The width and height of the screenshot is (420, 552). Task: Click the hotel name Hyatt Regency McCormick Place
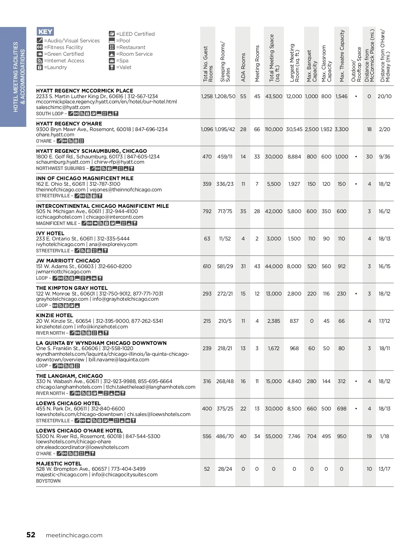[84, 91]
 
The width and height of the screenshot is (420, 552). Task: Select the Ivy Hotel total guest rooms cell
[207, 239]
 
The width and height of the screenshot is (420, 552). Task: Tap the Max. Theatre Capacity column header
[342, 56]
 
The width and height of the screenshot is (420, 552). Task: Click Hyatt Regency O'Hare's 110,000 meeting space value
[273, 129]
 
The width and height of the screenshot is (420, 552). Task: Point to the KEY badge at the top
[45, 32]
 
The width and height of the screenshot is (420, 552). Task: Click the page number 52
[31, 535]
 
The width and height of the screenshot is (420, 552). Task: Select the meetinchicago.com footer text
[74, 535]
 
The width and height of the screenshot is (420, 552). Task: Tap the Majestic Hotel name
[58, 464]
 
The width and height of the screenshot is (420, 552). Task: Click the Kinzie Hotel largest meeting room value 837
[294, 321]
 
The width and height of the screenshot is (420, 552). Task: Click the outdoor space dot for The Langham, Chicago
[356, 381]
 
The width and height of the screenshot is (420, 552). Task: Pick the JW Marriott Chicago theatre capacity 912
[341, 266]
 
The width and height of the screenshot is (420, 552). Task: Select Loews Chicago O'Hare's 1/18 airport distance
[384, 436]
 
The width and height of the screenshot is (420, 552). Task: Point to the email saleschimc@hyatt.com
[63, 107]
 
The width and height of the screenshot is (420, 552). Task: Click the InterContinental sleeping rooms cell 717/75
[225, 211]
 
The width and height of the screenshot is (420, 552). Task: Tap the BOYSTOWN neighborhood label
[48, 481]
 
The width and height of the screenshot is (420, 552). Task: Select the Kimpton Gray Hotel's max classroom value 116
[326, 294]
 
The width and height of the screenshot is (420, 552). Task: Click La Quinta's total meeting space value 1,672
[273, 348]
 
